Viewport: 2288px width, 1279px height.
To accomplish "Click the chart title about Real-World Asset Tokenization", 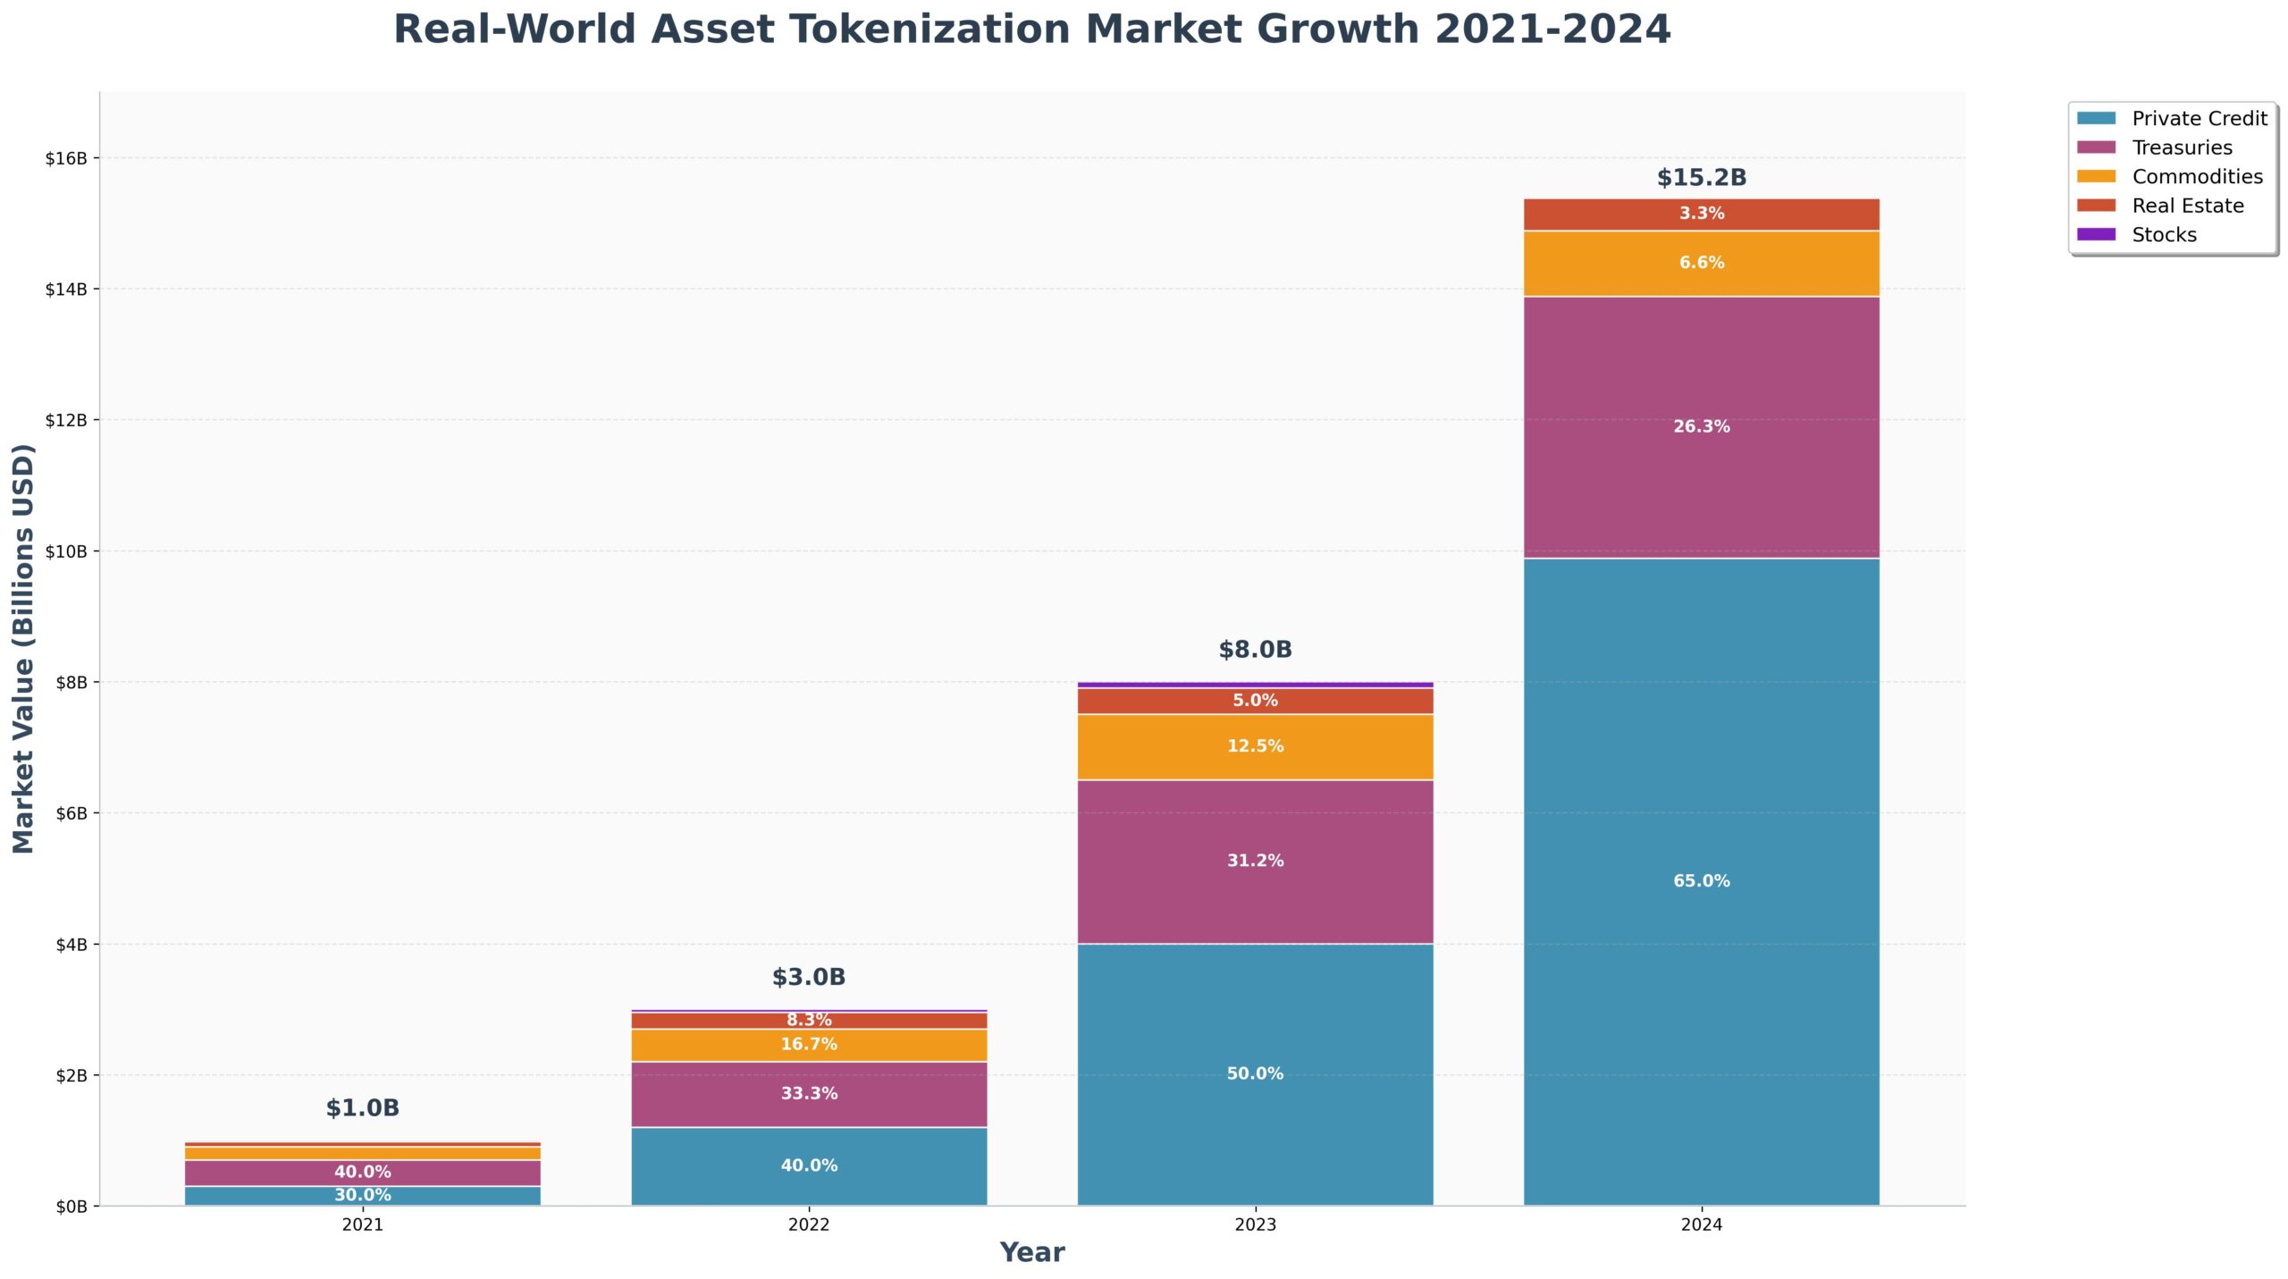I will pos(1031,29).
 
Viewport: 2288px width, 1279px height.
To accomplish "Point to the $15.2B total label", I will pos(1701,177).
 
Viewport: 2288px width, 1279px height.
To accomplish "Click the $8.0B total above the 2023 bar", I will pos(1255,650).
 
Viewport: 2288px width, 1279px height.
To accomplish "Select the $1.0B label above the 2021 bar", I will pos(362,1108).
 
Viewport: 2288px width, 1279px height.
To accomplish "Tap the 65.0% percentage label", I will pos(1701,881).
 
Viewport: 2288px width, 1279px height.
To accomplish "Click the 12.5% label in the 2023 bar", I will pos(1255,746).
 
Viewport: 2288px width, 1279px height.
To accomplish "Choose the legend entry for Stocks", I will pos(2163,235).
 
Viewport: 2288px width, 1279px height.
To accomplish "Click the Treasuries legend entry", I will pos(2181,147).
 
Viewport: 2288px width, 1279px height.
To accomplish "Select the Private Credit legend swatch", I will pos(2096,118).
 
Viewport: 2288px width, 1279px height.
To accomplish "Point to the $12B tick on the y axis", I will pos(67,420).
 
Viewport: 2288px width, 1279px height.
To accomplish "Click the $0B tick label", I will pos(71,1207).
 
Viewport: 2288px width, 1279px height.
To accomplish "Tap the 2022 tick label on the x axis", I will pos(808,1225).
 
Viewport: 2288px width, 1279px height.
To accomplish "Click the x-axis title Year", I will pos(1031,1252).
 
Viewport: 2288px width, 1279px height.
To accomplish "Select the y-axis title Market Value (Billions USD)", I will pos(23,649).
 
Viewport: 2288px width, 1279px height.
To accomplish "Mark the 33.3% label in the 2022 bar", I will pos(809,1093).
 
